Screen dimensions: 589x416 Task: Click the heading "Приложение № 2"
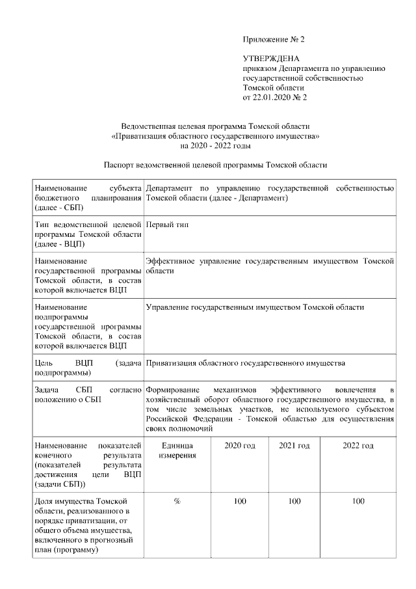pyautogui.click(x=273, y=39)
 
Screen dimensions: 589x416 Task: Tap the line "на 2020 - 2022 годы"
pyautogui.click(x=215, y=146)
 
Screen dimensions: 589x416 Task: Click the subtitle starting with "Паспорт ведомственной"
pyautogui.click(x=215, y=165)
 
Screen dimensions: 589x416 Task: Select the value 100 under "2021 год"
pyautogui.click(x=294, y=501)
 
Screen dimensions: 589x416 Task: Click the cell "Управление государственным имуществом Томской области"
pyautogui.click(x=255, y=307)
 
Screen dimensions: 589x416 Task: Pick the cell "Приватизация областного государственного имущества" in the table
pyautogui.click(x=245, y=363)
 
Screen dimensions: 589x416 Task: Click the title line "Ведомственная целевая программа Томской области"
pyautogui.click(x=215, y=126)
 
